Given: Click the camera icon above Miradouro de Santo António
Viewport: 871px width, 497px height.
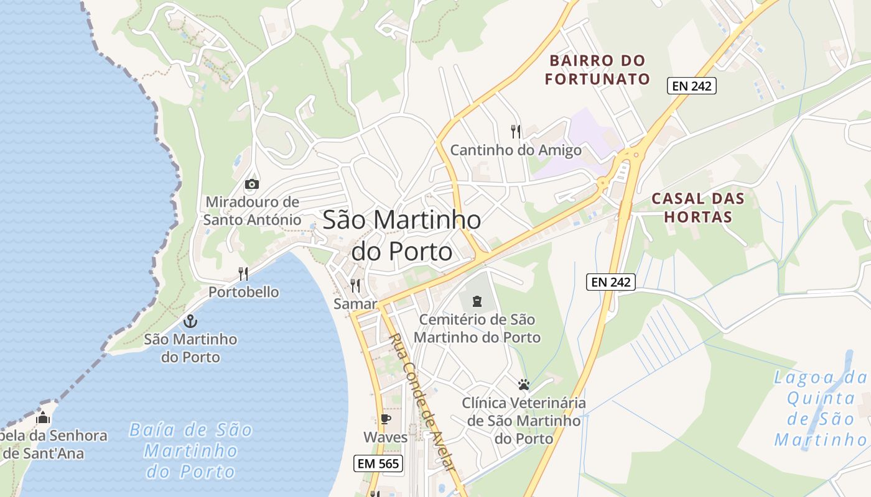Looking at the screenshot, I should tap(252, 184).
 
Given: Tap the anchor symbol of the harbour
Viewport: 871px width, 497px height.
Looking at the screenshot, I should tap(190, 321).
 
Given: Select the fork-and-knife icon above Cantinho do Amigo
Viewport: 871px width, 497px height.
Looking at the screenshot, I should tap(515, 131).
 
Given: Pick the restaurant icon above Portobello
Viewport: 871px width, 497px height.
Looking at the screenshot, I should tap(243, 273).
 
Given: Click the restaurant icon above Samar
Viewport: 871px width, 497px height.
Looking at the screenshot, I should tap(355, 285).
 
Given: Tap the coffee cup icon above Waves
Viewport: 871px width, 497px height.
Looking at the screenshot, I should tap(385, 419).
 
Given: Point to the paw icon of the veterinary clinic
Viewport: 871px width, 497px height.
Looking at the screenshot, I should tap(524, 385).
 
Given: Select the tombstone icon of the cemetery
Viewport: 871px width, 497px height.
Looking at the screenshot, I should tap(477, 301).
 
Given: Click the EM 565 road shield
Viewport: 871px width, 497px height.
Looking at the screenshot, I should tap(378, 463).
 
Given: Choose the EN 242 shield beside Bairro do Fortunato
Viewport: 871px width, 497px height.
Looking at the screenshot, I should tap(692, 86).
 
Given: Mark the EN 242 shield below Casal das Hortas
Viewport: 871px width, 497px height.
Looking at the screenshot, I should tap(611, 282).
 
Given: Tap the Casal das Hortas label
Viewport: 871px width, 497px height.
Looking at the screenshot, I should tap(698, 207).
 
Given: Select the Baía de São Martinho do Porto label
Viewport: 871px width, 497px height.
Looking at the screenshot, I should tap(191, 450).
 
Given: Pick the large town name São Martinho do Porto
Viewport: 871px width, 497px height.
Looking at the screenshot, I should tap(402, 235).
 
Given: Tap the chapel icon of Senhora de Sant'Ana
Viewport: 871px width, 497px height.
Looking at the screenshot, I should tap(43, 417).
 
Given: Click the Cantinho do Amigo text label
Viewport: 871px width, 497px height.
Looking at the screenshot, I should tap(516, 150).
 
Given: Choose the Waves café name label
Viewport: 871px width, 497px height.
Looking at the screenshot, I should tap(386, 437).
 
